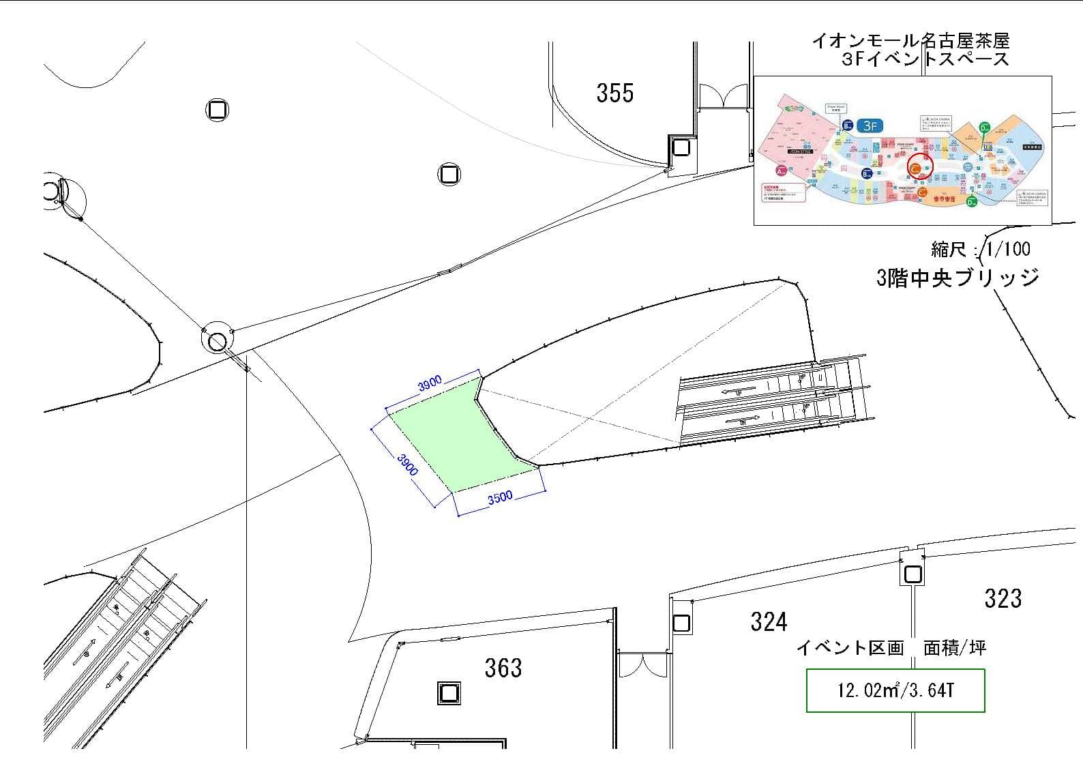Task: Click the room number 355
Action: tap(614, 93)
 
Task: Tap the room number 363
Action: tap(503, 668)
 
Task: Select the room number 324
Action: tap(769, 622)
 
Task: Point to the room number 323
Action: tap(1003, 599)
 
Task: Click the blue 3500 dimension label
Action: tap(500, 498)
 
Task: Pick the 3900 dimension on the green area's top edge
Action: tap(430, 384)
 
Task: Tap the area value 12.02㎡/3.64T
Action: tap(895, 690)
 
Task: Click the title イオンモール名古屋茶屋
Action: tap(910, 41)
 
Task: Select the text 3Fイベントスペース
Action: tap(925, 59)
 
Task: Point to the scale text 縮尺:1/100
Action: tap(980, 249)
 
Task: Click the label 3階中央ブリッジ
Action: tap(958, 278)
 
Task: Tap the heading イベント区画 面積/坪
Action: tap(891, 647)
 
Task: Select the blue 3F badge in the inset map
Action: tap(870, 126)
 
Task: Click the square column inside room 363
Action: tap(448, 694)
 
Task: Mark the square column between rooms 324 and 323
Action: tap(913, 574)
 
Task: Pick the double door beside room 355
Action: tap(723, 96)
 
